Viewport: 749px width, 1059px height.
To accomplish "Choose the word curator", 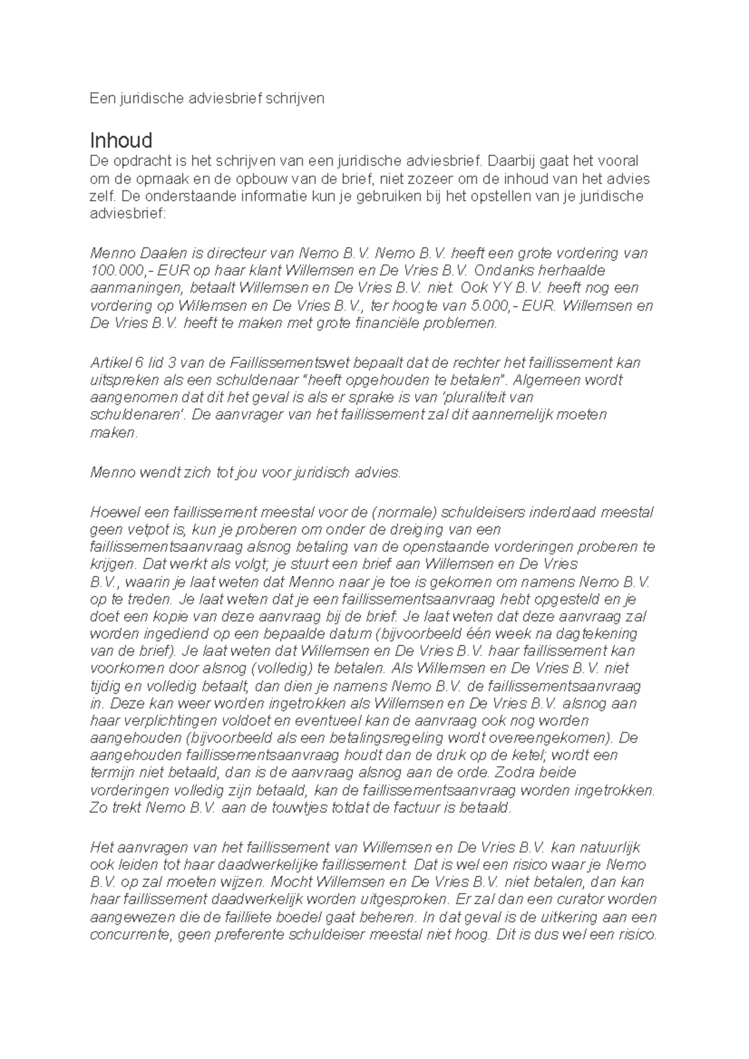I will coord(584,899).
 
